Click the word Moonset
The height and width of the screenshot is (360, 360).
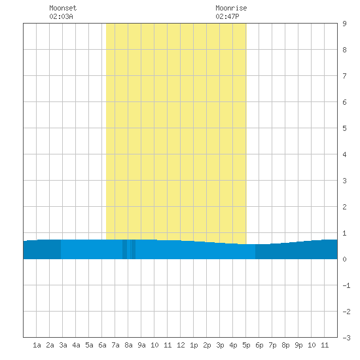63,8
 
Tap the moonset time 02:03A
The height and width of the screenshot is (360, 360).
61,16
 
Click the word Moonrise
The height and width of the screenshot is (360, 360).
231,8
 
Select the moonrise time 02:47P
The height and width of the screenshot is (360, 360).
227,16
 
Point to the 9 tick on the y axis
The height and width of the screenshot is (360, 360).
344,24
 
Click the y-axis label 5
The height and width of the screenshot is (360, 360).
344,128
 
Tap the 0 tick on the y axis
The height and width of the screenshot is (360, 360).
344,259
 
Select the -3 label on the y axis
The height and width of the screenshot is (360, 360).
346,338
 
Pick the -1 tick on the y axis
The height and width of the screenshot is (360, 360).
346,285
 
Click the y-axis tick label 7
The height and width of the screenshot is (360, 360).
344,76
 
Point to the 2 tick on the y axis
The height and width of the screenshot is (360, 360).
344,207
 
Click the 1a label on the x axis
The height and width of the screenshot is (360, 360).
37,345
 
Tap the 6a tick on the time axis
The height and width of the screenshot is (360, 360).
102,345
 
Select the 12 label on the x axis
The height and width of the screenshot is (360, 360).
181,345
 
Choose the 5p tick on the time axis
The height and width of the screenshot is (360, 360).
246,345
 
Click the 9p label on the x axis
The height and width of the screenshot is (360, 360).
298,345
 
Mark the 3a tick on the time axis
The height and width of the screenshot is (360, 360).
63,345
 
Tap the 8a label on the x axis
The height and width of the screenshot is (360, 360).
128,345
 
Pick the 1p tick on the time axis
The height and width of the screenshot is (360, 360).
194,345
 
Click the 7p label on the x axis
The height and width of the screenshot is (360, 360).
272,345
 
